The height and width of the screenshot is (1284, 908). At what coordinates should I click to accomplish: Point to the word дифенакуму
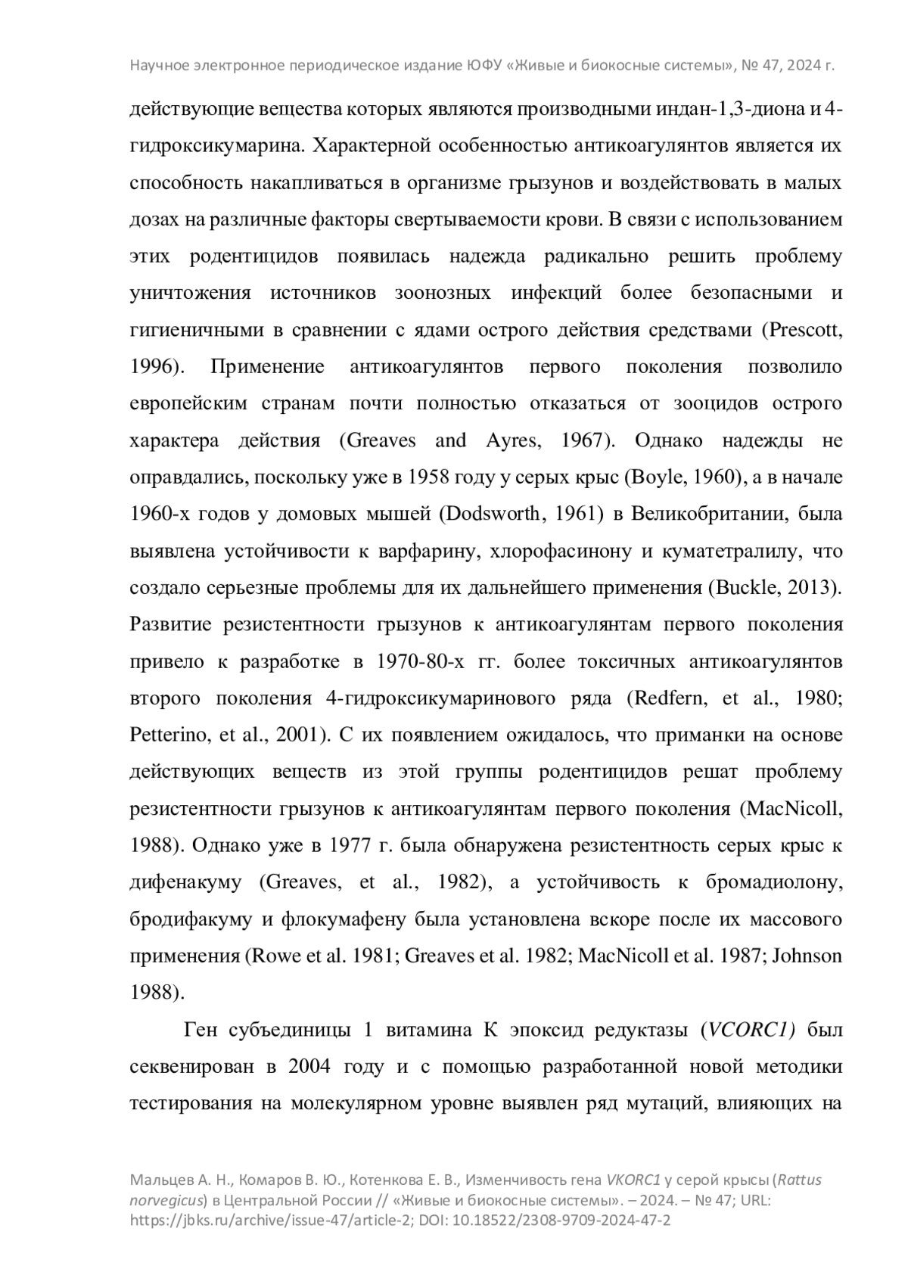[186, 881]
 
